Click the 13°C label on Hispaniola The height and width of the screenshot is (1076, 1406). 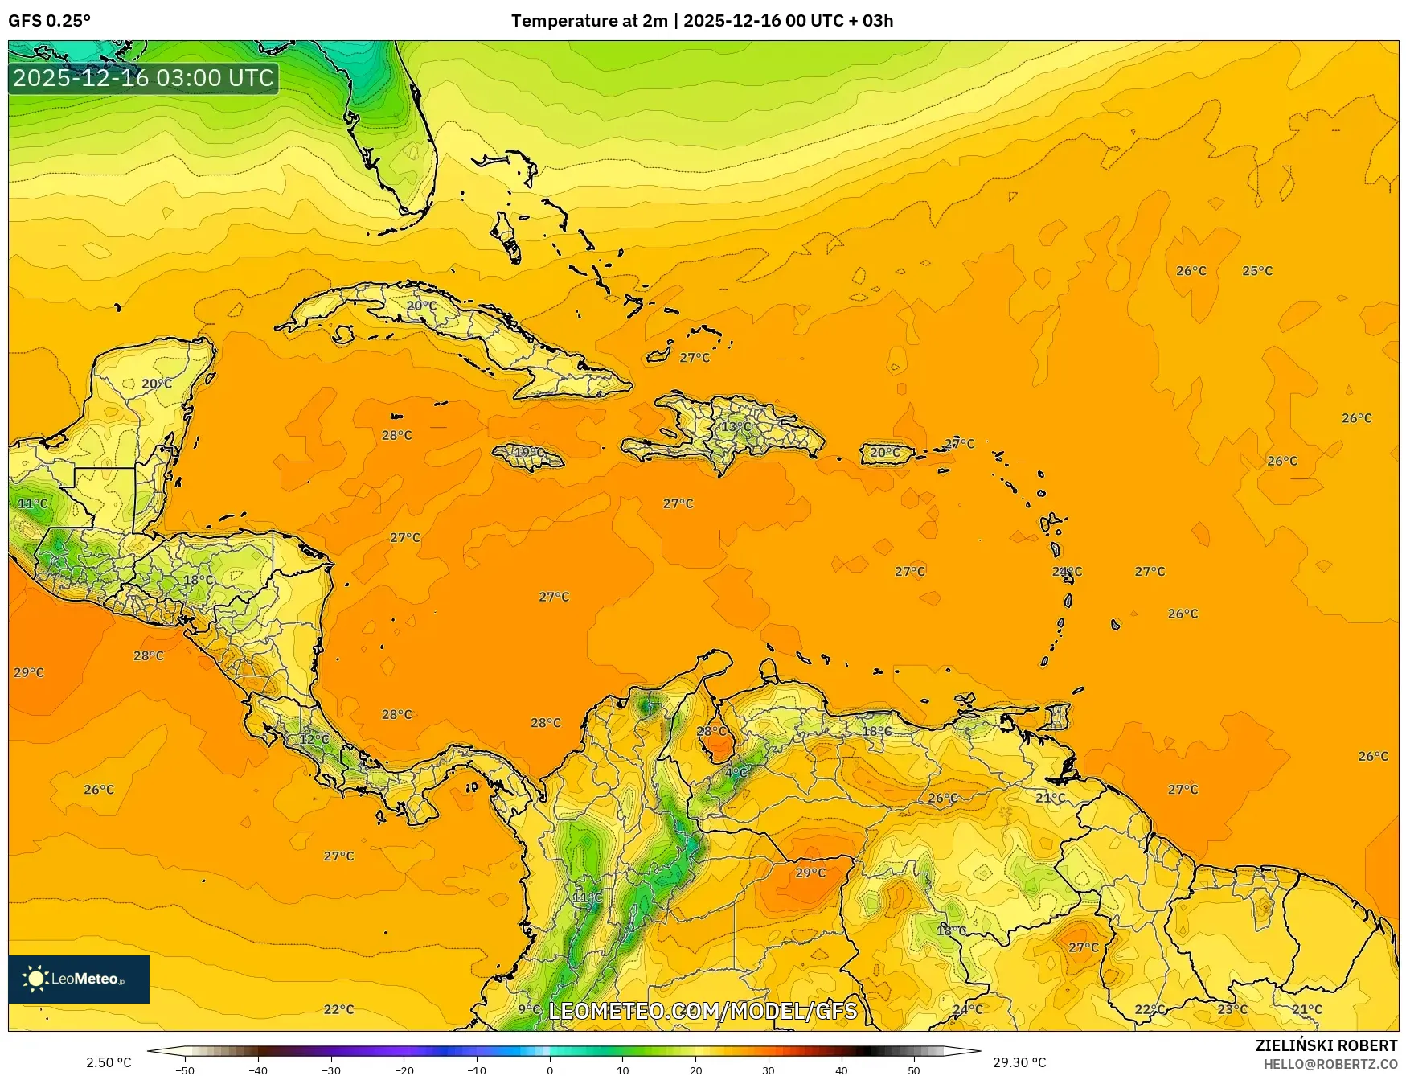[x=736, y=426]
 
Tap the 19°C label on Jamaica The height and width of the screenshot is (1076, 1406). [x=529, y=452]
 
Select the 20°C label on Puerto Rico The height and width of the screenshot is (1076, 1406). [x=885, y=453]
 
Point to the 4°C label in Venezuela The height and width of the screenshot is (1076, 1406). [x=736, y=773]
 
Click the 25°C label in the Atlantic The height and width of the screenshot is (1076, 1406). [x=1257, y=271]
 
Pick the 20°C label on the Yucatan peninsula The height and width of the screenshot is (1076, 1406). [x=157, y=384]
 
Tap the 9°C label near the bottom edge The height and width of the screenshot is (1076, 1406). [x=529, y=1009]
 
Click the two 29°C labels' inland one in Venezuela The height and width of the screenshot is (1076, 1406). [x=810, y=873]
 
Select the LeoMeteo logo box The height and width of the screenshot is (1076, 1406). [x=79, y=979]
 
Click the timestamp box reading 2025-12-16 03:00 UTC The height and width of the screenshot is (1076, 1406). [x=143, y=78]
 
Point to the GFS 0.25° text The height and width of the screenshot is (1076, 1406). [x=50, y=21]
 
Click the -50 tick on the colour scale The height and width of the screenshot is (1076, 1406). [x=184, y=1070]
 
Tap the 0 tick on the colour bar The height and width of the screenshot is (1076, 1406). [x=550, y=1070]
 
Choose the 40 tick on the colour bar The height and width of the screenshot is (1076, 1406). [x=841, y=1070]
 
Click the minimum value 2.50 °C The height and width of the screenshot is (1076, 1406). [x=109, y=1062]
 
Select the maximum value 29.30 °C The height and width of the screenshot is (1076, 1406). [x=1019, y=1062]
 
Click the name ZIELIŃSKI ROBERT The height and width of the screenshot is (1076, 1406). [x=1326, y=1045]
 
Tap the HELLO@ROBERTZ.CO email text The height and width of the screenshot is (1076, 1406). [x=1330, y=1064]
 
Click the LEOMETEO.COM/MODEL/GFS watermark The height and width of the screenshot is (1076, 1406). [x=703, y=1011]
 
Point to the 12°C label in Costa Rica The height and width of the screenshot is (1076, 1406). [x=314, y=739]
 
